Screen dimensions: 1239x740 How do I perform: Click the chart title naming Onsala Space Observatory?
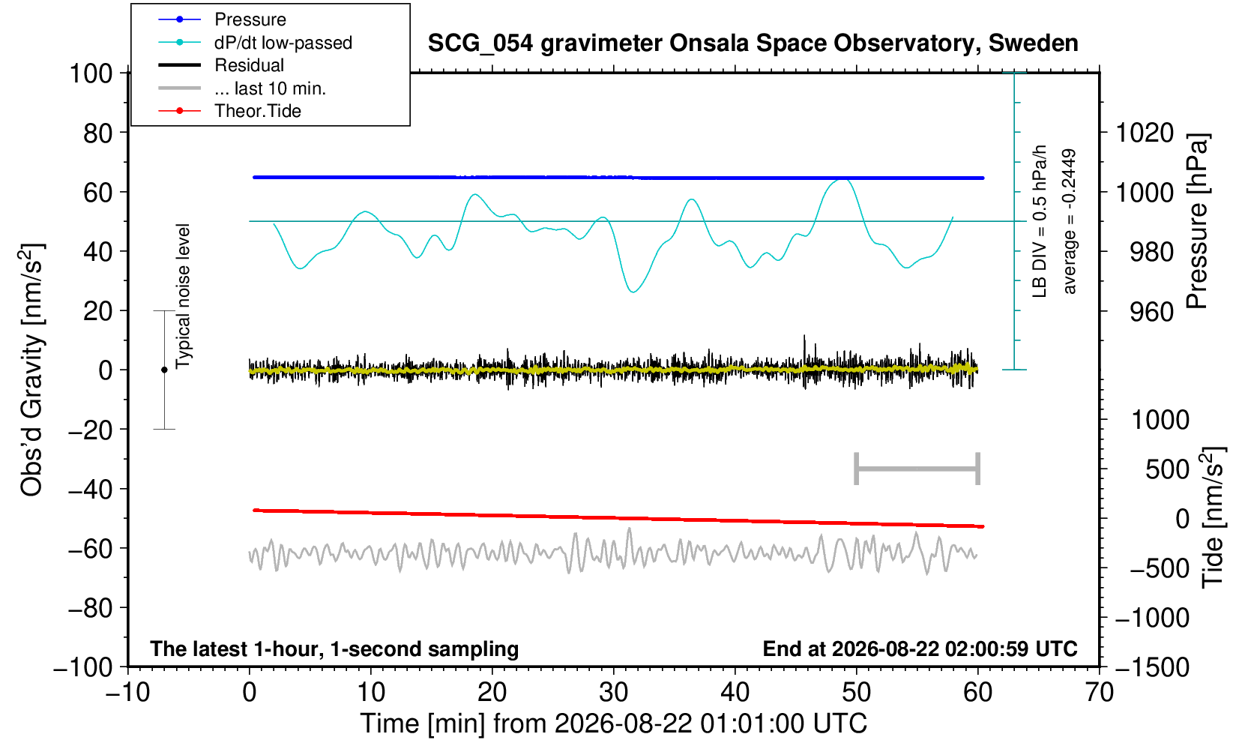(753, 43)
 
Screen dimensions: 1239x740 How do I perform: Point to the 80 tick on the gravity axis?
(98, 133)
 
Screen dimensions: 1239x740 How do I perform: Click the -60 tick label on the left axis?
(90, 549)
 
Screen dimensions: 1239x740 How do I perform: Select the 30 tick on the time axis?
(613, 692)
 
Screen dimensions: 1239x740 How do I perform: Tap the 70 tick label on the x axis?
(1099, 692)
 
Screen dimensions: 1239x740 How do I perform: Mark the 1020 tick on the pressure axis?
(1145, 133)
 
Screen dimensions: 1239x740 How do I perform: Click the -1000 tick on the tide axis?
(1152, 618)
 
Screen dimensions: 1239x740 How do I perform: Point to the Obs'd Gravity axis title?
(32, 370)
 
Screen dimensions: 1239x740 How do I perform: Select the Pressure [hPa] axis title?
(1198, 221)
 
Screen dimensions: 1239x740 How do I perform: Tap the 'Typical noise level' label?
(183, 296)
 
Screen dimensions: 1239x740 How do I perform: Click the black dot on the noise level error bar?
(164, 370)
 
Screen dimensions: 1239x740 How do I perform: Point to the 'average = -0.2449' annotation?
(1069, 221)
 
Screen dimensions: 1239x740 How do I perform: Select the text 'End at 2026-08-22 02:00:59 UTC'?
(920, 649)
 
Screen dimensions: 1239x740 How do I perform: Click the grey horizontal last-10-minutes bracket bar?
(917, 469)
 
